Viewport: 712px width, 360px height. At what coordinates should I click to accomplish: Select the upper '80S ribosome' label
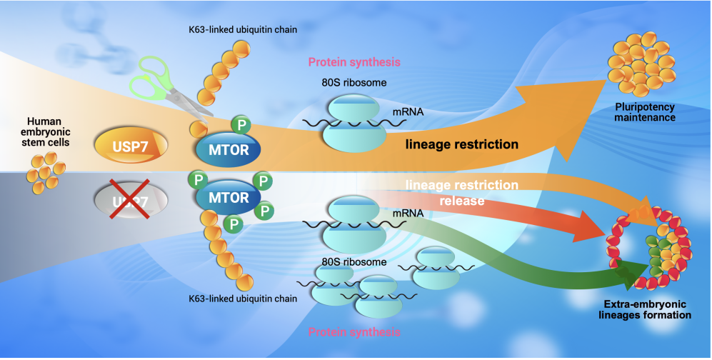[x=354, y=82]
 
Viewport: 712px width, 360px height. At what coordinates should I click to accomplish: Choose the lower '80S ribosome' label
[x=354, y=261]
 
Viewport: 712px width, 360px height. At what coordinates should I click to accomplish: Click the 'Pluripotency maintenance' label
[x=645, y=112]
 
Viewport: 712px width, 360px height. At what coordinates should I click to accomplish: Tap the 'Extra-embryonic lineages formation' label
[x=645, y=309]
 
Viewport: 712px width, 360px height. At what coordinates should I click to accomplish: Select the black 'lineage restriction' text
[x=462, y=144]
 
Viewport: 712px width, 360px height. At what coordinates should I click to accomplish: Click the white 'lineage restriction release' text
[x=462, y=193]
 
